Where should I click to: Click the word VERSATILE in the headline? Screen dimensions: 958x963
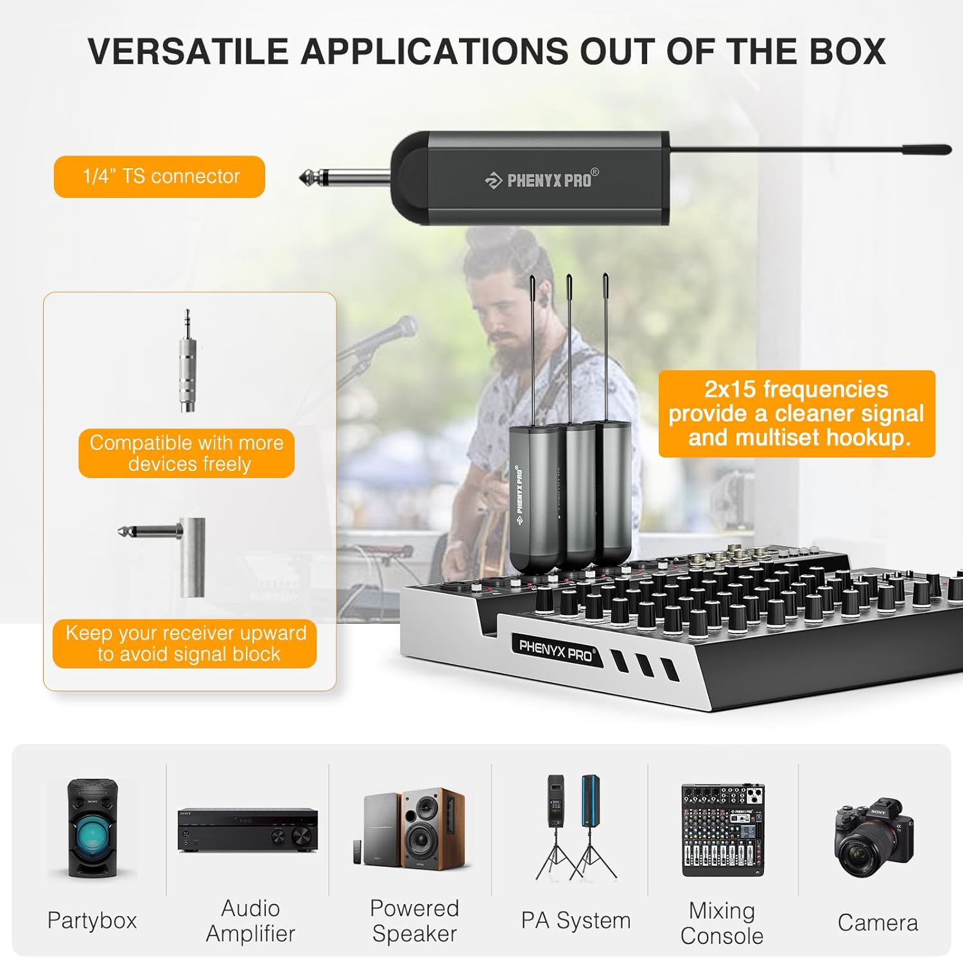(x=188, y=51)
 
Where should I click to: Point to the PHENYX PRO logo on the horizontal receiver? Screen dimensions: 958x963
(x=542, y=180)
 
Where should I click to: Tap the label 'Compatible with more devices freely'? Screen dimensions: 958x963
(x=186, y=453)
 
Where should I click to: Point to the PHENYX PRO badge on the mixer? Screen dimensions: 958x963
(x=556, y=650)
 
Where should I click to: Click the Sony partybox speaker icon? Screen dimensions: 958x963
(x=92, y=828)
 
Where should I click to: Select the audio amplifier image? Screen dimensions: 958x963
(x=248, y=829)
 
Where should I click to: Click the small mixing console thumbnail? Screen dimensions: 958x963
(x=722, y=829)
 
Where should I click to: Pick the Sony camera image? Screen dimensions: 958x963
(x=874, y=837)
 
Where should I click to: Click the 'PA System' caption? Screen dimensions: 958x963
(x=575, y=920)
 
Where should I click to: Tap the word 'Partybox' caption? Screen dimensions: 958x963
(x=92, y=920)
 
